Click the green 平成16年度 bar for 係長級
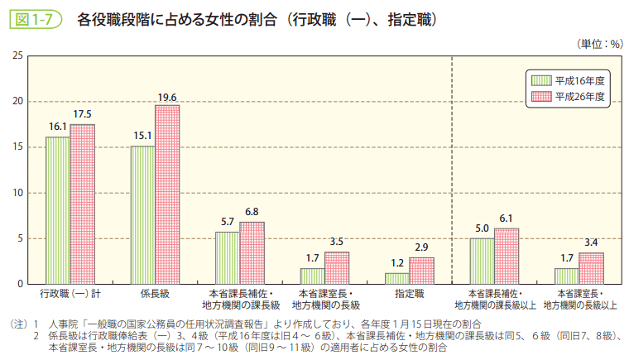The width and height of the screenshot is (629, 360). point(142,215)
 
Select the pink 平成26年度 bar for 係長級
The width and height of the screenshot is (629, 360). point(167,194)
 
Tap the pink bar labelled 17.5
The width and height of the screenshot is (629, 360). point(83,204)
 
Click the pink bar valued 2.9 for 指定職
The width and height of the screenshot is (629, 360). point(421,271)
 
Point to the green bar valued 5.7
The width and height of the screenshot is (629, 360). point(228,258)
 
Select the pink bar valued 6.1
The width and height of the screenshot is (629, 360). point(507,257)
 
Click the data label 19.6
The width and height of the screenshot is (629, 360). point(167,98)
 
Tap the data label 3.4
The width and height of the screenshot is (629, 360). point(591,242)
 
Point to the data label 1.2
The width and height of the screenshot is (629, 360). point(397,263)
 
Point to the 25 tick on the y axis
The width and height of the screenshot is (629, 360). point(17,55)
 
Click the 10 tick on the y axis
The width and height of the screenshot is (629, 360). point(17,193)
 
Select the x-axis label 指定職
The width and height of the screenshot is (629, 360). point(409,294)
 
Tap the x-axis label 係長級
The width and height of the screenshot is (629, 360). point(155,294)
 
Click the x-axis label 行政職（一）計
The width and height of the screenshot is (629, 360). point(70,294)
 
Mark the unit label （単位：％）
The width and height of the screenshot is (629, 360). point(598,42)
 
